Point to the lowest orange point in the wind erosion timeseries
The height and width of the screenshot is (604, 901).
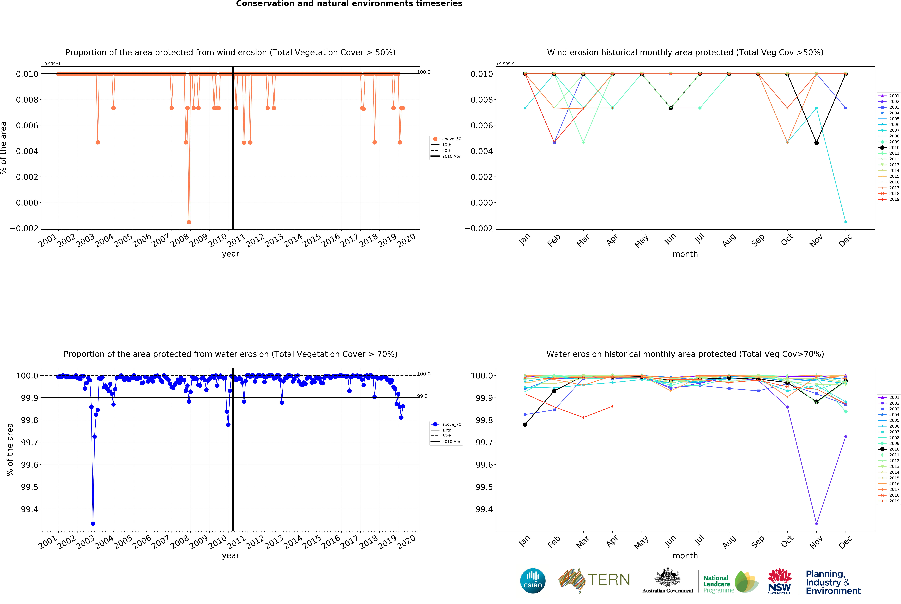pyautogui.click(x=189, y=222)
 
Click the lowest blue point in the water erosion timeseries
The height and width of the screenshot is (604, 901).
pyautogui.click(x=93, y=524)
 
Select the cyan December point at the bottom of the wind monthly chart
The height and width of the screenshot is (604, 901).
pyautogui.click(x=845, y=222)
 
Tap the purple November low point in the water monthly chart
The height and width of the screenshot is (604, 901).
pyautogui.click(x=816, y=524)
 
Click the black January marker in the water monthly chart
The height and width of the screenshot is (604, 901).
pyautogui.click(x=525, y=425)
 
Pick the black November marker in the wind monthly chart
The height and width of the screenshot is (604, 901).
pyautogui.click(x=816, y=143)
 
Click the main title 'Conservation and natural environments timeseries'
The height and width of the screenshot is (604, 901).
pyautogui.click(x=349, y=4)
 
